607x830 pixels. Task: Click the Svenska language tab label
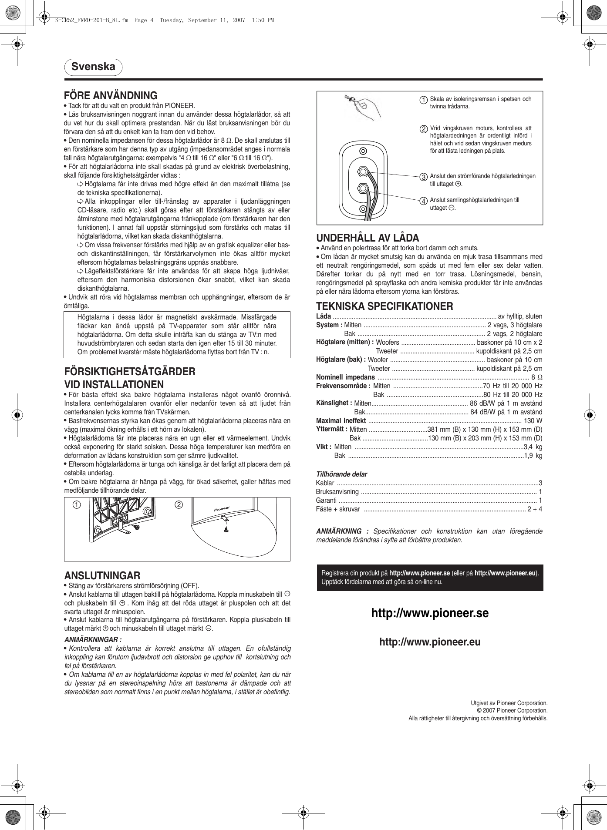93,67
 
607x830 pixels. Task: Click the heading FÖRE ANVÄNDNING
111,96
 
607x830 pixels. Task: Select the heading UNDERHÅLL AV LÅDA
368,238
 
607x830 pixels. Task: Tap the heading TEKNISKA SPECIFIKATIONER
384,306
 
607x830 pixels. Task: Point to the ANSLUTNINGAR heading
102,576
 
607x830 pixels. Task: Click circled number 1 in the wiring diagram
423,100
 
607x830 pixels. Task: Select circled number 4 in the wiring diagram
423,201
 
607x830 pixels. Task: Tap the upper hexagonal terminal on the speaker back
362,172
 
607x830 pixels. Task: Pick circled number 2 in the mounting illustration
179,505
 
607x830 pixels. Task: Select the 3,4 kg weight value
533,447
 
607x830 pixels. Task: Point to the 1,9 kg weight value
533,456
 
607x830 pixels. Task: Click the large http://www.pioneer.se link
430,613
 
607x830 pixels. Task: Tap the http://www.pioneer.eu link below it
430,642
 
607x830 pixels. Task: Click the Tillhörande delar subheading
341,474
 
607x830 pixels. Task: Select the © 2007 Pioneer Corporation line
512,711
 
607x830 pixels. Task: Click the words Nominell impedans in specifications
345,377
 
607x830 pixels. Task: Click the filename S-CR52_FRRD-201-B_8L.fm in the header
91,20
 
